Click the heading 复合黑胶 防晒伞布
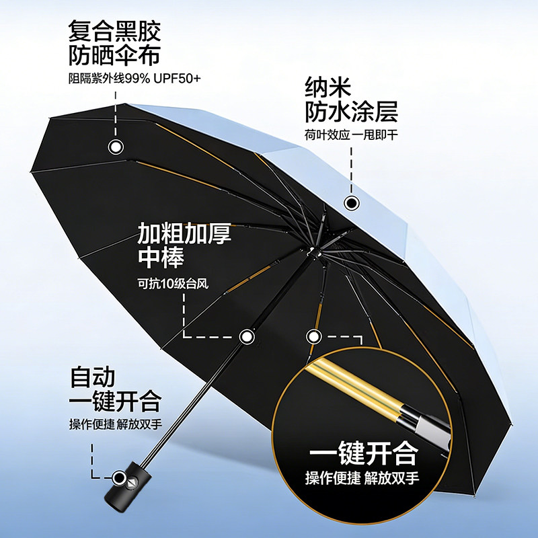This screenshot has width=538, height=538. [x=115, y=42]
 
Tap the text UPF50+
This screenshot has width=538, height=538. [x=176, y=78]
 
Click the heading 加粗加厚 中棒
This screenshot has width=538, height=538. [x=184, y=245]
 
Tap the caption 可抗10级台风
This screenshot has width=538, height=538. [x=173, y=282]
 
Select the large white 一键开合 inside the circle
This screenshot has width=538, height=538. [x=362, y=454]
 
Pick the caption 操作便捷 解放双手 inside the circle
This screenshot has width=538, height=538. [x=362, y=479]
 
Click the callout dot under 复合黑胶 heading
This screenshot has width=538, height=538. [x=116, y=147]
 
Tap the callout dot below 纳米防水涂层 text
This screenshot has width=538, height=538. [x=350, y=202]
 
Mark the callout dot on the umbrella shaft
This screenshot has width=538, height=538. [x=247, y=336]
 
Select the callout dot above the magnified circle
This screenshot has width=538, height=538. [x=313, y=336]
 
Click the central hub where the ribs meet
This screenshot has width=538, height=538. [x=313, y=254]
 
